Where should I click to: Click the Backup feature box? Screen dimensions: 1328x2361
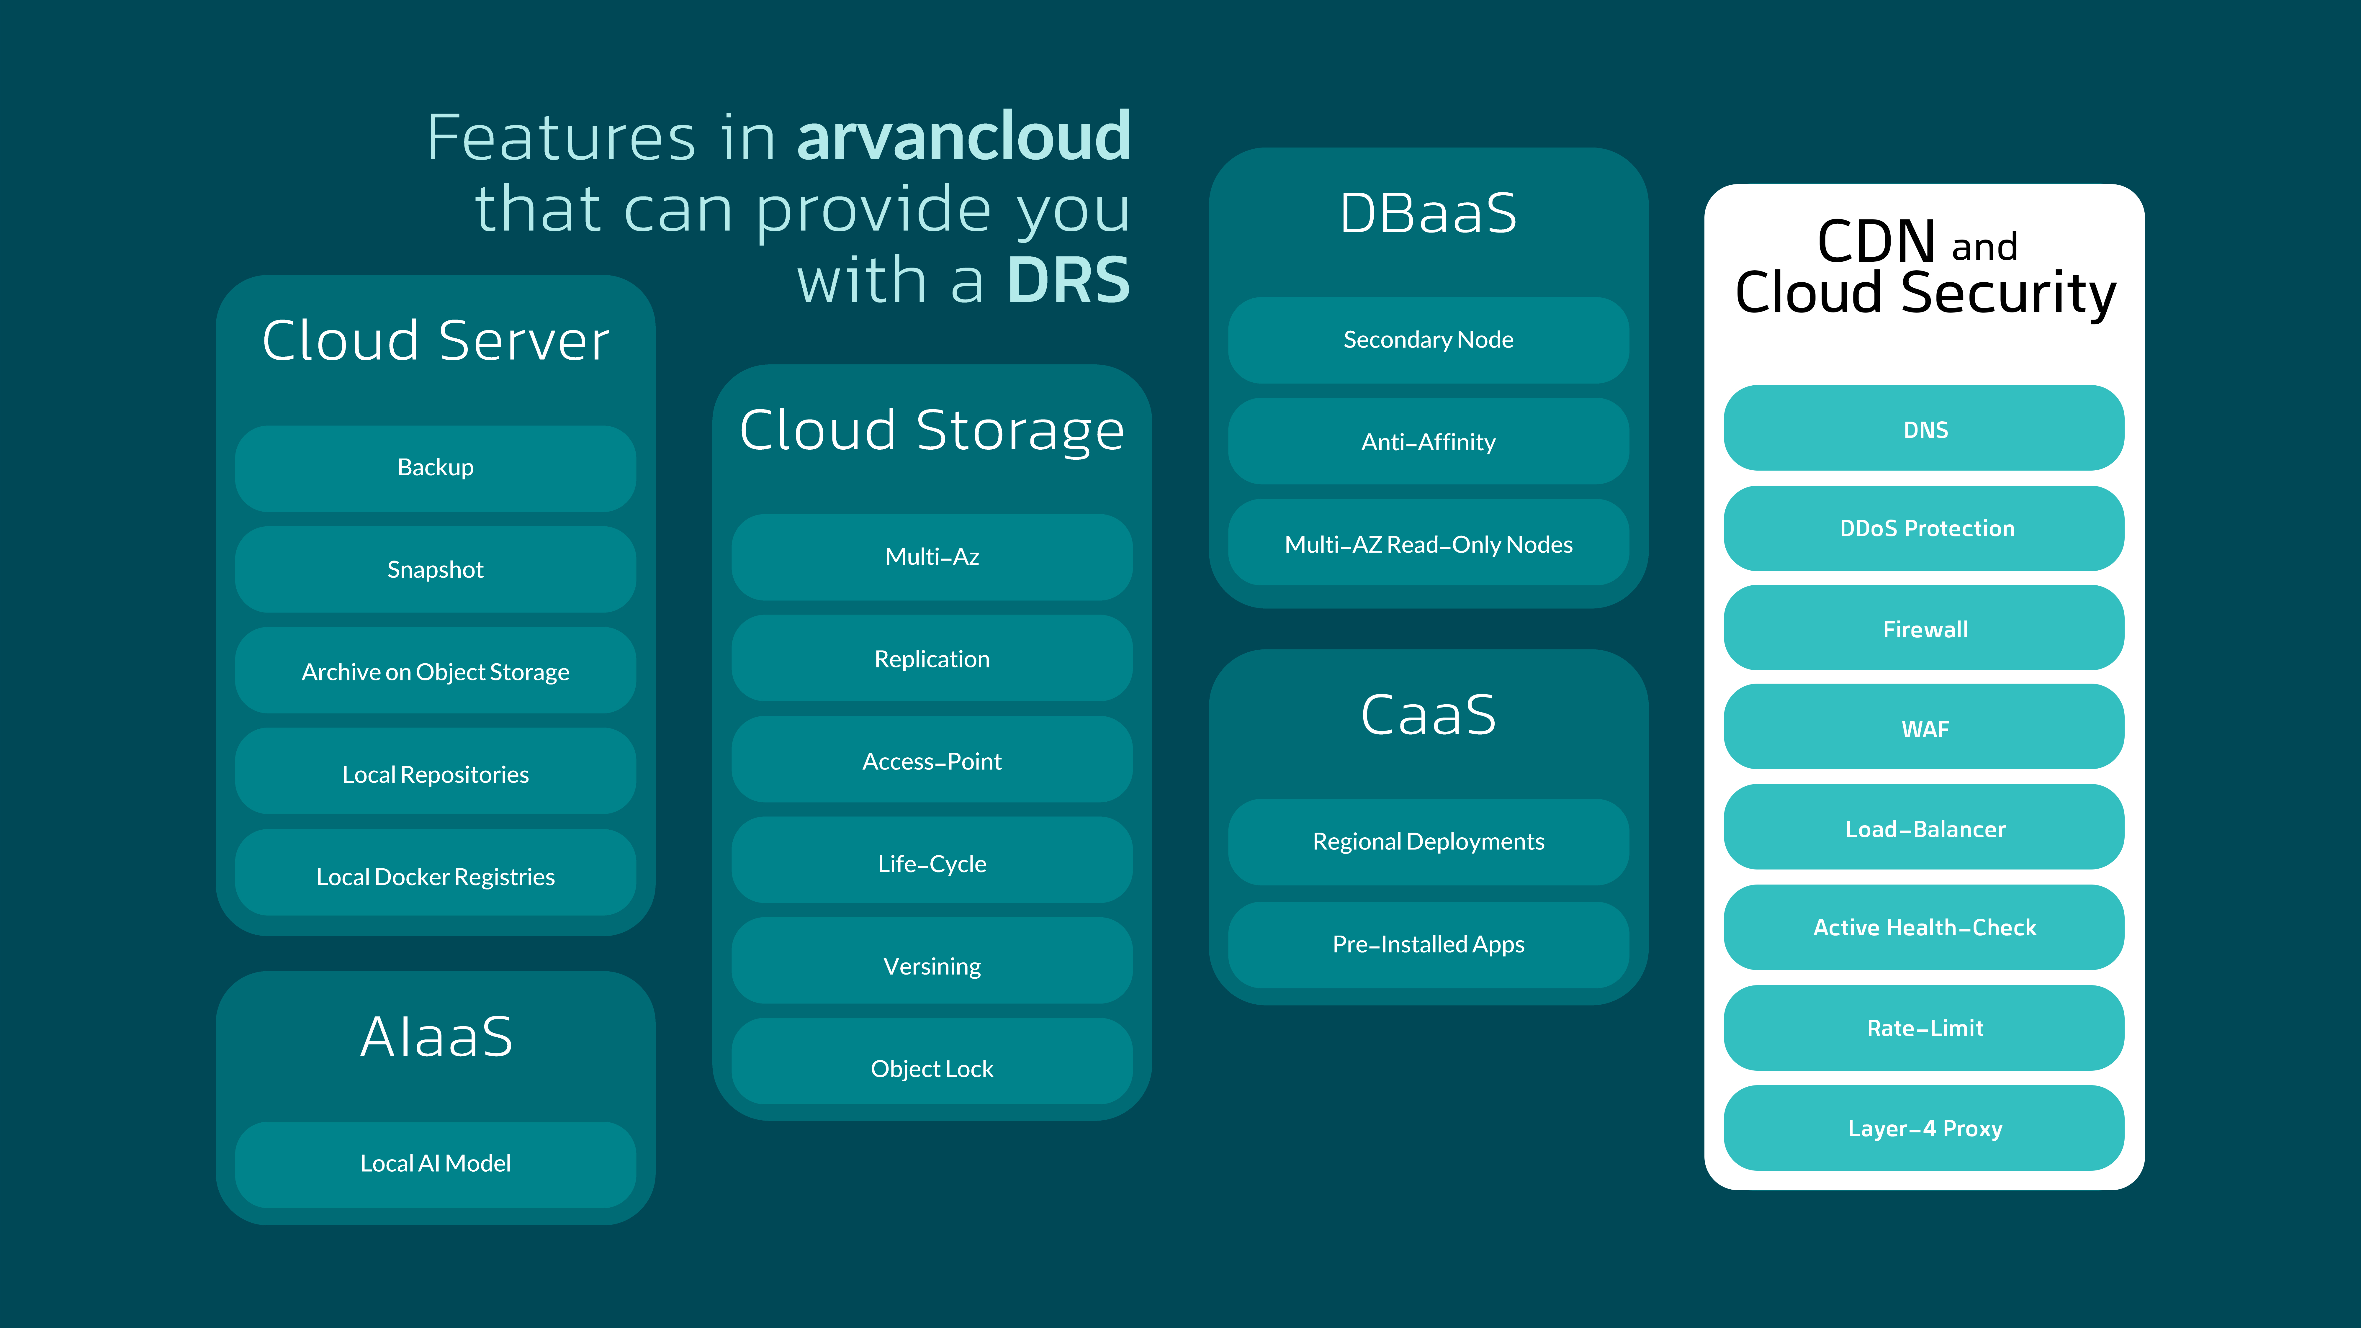(435, 467)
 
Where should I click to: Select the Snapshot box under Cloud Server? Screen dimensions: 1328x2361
(435, 569)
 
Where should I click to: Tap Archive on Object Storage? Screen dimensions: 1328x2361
(435, 672)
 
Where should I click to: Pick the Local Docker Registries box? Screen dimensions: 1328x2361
(435, 876)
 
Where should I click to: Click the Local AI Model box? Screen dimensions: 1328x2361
(435, 1163)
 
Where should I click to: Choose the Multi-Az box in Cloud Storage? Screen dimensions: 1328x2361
(932, 556)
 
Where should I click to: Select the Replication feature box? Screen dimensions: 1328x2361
(932, 659)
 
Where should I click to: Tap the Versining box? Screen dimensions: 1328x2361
(932, 966)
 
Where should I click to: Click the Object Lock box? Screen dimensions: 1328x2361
(932, 1069)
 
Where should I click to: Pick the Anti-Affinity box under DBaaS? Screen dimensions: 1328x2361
(1428, 442)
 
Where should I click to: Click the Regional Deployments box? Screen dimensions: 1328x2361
(1428, 841)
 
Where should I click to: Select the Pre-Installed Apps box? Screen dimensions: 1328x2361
(1428, 944)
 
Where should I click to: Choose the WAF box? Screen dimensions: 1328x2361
(1925, 728)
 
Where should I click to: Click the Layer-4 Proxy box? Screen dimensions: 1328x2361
(1925, 1128)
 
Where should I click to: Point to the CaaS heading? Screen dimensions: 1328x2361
(1428, 715)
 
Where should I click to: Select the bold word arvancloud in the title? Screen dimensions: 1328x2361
(964, 137)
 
